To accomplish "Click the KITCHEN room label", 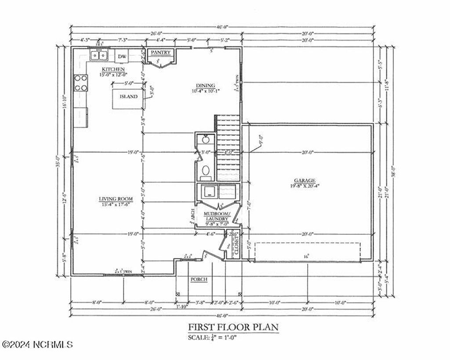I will [113, 69].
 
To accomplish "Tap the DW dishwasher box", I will [122, 56].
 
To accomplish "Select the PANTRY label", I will [160, 53].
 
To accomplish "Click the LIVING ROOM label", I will [116, 199].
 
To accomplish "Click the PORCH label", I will [198, 279].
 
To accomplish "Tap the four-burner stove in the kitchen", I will [80, 83].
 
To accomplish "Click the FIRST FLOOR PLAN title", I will [233, 327].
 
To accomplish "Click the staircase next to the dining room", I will [228, 147].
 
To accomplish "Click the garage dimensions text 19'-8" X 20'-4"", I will [305, 186].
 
